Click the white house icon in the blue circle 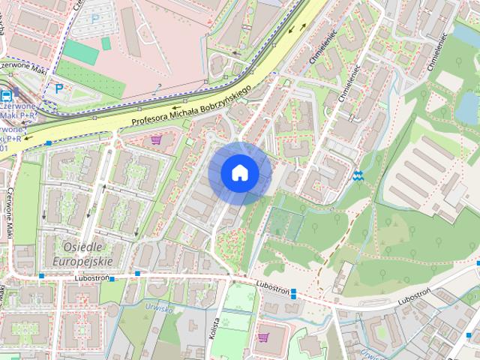(x=239, y=172)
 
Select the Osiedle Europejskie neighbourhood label (x=82, y=254)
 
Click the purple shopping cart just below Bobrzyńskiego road (x=156, y=139)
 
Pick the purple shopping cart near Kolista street (x=263, y=337)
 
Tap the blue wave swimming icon (x=358, y=176)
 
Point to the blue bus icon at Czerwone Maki (x=6, y=95)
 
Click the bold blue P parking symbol (x=58, y=87)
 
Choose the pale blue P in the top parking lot (x=95, y=18)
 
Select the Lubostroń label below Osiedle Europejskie (x=93, y=278)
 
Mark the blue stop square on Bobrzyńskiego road (x=49, y=142)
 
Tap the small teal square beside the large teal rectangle (x=106, y=43)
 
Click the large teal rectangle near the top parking (x=81, y=52)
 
